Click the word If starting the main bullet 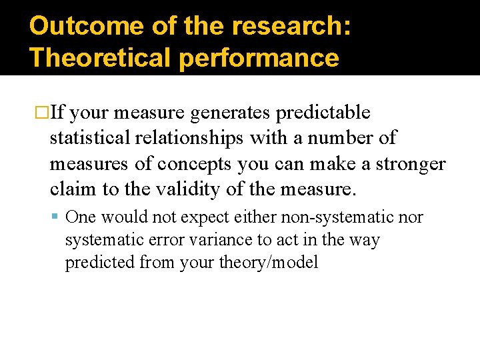[x=58, y=113]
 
